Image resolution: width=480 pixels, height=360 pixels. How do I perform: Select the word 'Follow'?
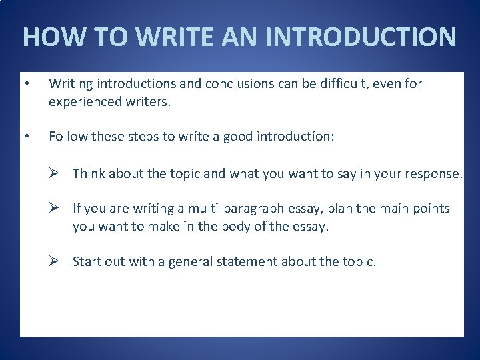pos(66,137)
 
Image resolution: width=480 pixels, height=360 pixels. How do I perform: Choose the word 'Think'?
pos(89,174)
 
